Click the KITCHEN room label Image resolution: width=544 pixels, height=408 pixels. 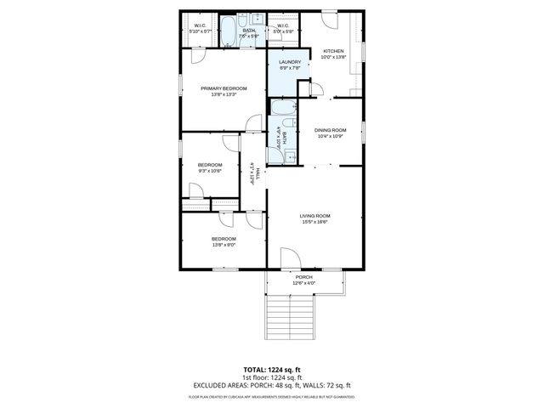tap(332, 51)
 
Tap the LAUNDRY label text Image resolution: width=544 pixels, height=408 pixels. tap(291, 61)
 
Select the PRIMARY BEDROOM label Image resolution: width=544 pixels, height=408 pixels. tap(224, 88)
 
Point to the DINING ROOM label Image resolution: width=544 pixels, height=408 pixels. tap(330, 130)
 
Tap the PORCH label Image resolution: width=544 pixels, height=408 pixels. tap(303, 277)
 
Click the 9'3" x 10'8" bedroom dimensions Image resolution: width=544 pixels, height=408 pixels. tap(209, 171)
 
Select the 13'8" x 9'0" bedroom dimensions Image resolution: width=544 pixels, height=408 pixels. tap(224, 245)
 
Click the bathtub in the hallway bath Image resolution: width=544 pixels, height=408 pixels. tap(283, 109)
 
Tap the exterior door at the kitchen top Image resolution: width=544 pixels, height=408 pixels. tap(329, 20)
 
